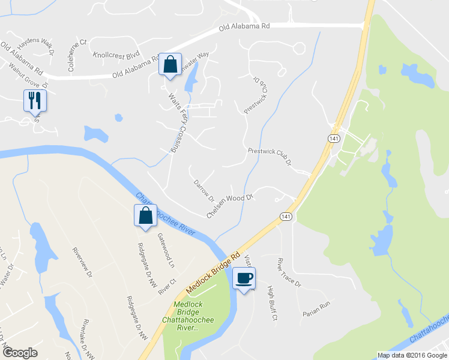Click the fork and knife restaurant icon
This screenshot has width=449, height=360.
pyautogui.click(x=34, y=100)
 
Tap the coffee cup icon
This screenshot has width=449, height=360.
pyautogui.click(x=244, y=278)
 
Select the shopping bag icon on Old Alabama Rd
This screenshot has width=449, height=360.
pyautogui.click(x=170, y=64)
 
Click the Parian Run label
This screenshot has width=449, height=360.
pyautogui.click(x=316, y=305)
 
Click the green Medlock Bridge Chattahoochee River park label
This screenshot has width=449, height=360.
pyautogui.click(x=194, y=316)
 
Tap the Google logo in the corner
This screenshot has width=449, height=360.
pyautogui.click(x=20, y=353)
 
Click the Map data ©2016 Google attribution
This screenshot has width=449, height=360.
pyautogui.click(x=412, y=355)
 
